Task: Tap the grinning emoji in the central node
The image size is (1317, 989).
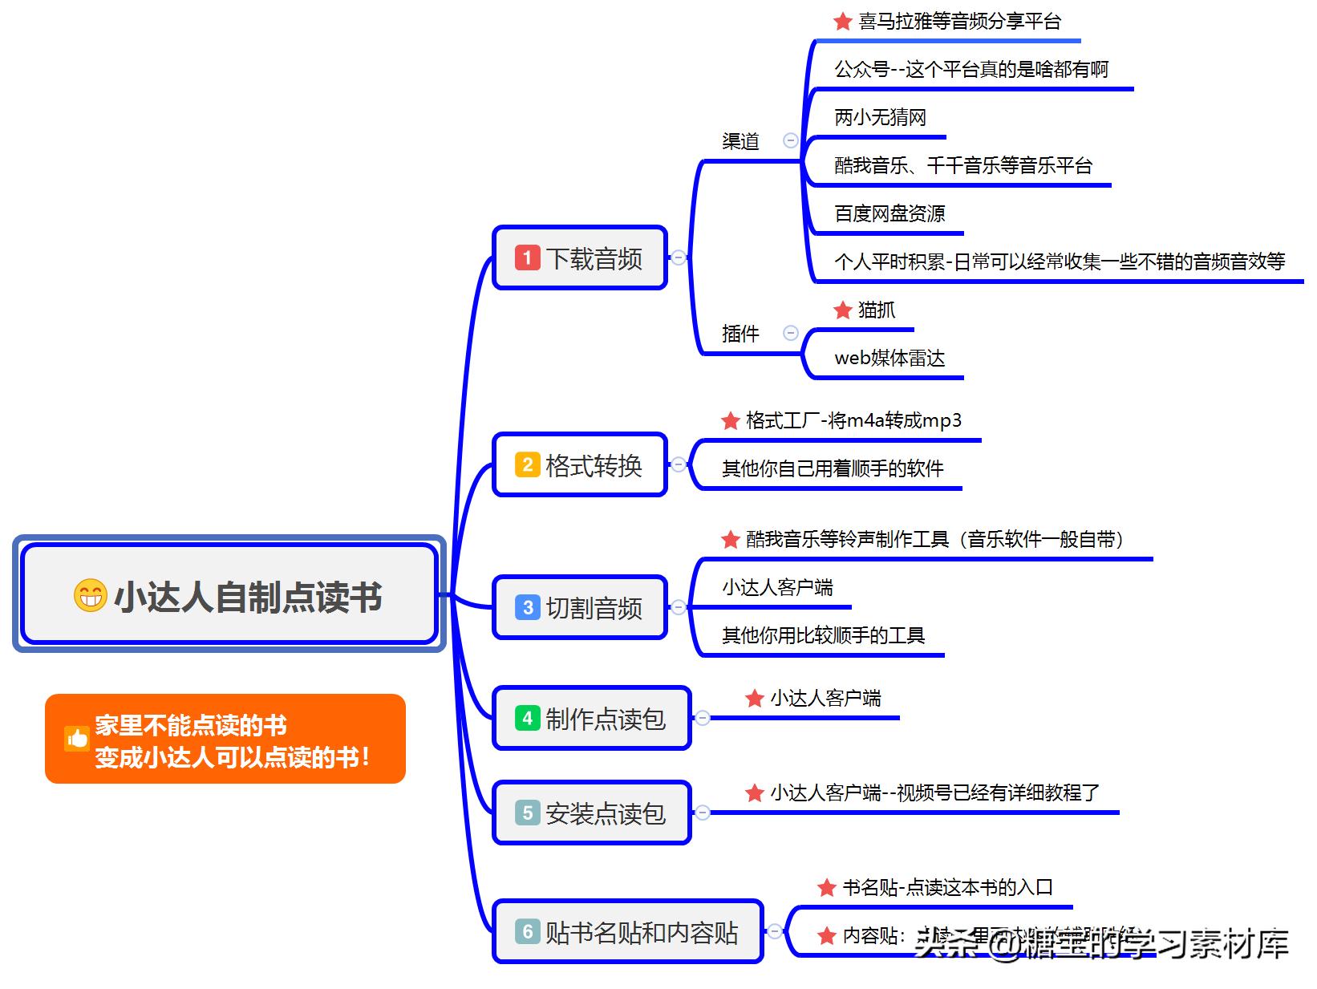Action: coord(90,595)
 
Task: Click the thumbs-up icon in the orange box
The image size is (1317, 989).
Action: coord(77,739)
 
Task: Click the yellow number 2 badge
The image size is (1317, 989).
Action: coord(527,464)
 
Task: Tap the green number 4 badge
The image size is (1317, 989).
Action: coord(527,718)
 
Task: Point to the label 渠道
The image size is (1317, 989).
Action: coord(740,142)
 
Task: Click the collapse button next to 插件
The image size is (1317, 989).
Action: coord(791,333)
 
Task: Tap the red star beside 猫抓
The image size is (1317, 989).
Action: coord(842,310)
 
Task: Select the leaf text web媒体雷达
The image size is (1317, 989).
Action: coord(889,358)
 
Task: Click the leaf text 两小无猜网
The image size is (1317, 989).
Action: coord(880,118)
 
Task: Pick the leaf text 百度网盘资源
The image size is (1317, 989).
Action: coord(889,213)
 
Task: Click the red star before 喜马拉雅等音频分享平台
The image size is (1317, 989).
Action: coord(842,22)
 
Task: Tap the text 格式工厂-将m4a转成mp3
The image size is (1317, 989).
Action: coord(853,420)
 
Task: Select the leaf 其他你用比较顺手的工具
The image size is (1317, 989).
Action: coord(823,636)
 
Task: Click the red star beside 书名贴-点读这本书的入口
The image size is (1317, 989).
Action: coord(826,888)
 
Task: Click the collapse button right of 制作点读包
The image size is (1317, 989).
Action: coord(703,718)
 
